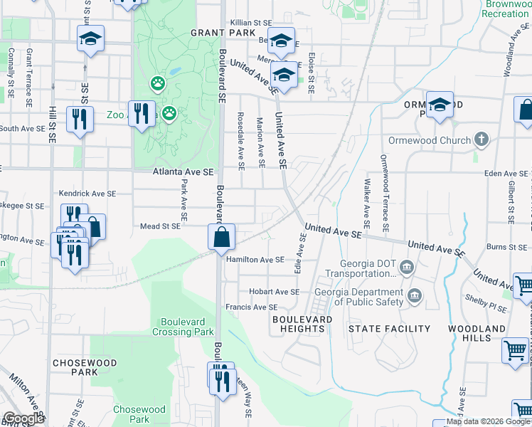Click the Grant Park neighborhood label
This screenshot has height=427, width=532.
click(x=213, y=33)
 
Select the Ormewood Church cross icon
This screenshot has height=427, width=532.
click(x=482, y=139)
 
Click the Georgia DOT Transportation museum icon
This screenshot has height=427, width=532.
click(x=406, y=268)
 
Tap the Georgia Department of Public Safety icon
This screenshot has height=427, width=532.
click(x=414, y=295)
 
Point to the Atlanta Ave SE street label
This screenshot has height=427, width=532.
click(x=183, y=172)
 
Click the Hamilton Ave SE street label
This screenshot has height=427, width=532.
click(x=255, y=260)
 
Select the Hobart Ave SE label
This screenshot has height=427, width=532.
click(x=274, y=292)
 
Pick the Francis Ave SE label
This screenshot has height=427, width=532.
click(x=252, y=307)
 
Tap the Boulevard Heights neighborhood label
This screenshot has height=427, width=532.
click(x=302, y=325)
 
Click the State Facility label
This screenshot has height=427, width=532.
click(x=389, y=329)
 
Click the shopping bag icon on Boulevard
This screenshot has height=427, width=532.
click(x=222, y=238)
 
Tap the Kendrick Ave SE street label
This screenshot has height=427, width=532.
click(x=87, y=194)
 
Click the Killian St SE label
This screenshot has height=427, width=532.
click(x=252, y=23)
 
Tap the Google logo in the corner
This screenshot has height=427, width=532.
click(x=23, y=418)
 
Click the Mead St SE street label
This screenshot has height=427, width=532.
click(x=160, y=226)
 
